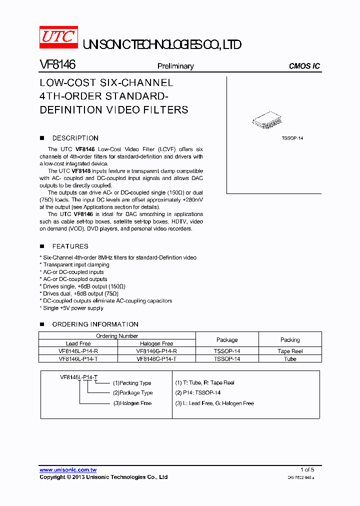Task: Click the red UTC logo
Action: [59, 37]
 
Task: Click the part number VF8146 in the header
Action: [57, 65]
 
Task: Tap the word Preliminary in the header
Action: [175, 66]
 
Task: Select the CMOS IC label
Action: [304, 66]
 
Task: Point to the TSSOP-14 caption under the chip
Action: [292, 138]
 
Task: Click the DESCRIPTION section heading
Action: [75, 138]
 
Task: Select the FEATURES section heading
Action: [70, 246]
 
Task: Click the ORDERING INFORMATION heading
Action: [95, 324]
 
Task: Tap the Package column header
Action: [227, 339]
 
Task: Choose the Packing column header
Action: [290, 339]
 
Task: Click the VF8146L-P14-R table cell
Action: [78, 351]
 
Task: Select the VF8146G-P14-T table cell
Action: [156, 358]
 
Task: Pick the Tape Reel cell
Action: [290, 351]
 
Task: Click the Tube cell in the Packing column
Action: [290, 358]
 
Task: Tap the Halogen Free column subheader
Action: [156, 343]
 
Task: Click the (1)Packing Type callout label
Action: [132, 383]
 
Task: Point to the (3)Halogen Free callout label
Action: [132, 403]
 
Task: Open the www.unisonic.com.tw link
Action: [68, 470]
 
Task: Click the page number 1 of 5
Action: [307, 469]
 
